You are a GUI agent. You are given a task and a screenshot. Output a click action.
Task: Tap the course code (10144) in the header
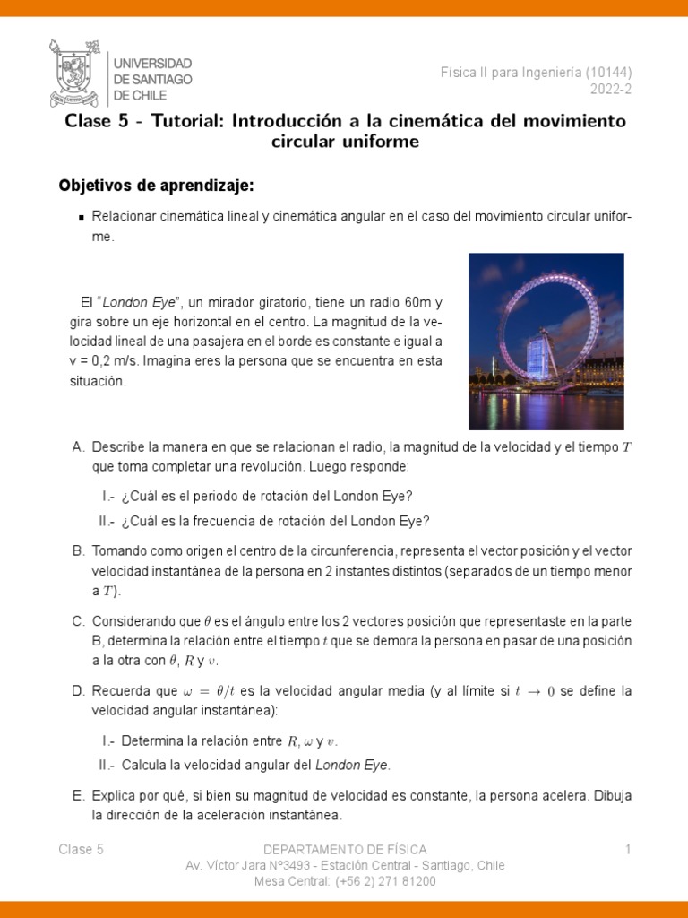pyautogui.click(x=614, y=73)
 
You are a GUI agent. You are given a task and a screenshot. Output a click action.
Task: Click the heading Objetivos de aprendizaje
pyautogui.click(x=157, y=186)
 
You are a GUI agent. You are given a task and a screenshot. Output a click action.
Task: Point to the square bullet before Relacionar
pyautogui.click(x=82, y=217)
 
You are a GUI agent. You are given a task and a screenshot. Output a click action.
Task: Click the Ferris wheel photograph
pyautogui.click(x=546, y=342)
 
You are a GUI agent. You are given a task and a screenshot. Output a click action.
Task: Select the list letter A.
pyautogui.click(x=78, y=446)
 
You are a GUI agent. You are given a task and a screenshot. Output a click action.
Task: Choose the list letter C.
pyautogui.click(x=78, y=620)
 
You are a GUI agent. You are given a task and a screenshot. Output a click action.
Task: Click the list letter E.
pyautogui.click(x=78, y=795)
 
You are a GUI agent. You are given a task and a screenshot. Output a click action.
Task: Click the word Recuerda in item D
pyautogui.click(x=122, y=690)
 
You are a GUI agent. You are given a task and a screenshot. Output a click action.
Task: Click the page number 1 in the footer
pyautogui.click(x=628, y=849)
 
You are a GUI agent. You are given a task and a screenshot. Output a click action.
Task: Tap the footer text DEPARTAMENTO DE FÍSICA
pyautogui.click(x=345, y=849)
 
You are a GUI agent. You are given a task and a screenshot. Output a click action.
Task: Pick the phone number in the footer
pyautogui.click(x=385, y=881)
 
